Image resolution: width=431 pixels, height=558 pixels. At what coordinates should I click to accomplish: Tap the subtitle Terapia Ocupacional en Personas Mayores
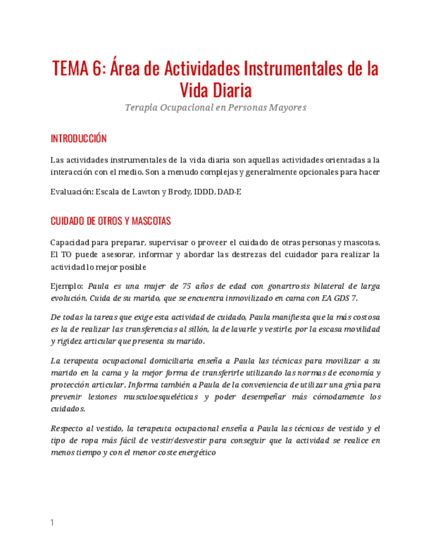(x=215, y=107)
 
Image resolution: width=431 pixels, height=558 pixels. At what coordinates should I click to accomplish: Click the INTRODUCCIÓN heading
(x=78, y=139)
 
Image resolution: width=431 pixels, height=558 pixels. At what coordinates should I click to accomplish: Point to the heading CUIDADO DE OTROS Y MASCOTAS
(x=111, y=220)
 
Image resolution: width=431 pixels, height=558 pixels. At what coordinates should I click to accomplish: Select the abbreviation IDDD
(x=207, y=191)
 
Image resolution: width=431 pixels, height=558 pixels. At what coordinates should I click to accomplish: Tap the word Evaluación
(x=71, y=191)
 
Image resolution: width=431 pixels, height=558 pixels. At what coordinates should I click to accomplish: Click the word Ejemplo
(x=66, y=286)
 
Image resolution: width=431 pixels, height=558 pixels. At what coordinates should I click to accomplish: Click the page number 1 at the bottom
(x=52, y=522)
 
